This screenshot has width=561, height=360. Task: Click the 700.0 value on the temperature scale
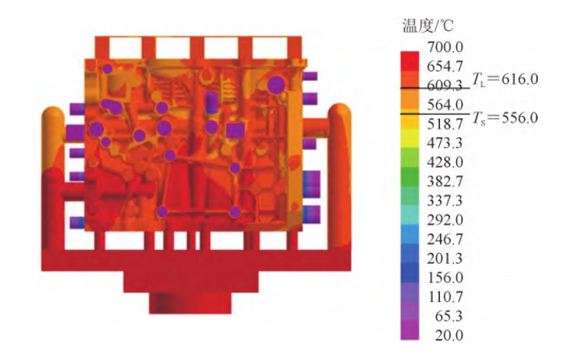(x=445, y=47)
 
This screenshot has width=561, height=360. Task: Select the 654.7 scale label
(x=445, y=67)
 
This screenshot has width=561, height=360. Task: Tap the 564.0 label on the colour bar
(x=445, y=105)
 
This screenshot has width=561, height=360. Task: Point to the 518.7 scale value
(x=445, y=124)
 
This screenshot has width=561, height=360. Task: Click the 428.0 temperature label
(x=445, y=162)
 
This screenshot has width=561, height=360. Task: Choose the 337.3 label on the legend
(x=445, y=201)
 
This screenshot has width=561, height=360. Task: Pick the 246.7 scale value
(x=445, y=239)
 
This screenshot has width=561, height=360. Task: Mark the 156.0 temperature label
(x=445, y=278)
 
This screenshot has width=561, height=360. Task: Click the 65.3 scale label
(x=449, y=316)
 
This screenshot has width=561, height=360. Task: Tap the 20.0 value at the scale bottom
(x=449, y=335)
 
